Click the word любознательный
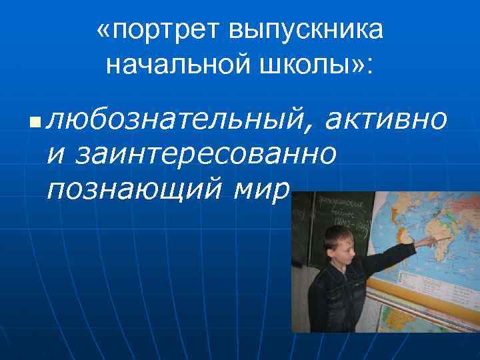pyautogui.click(x=180, y=120)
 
